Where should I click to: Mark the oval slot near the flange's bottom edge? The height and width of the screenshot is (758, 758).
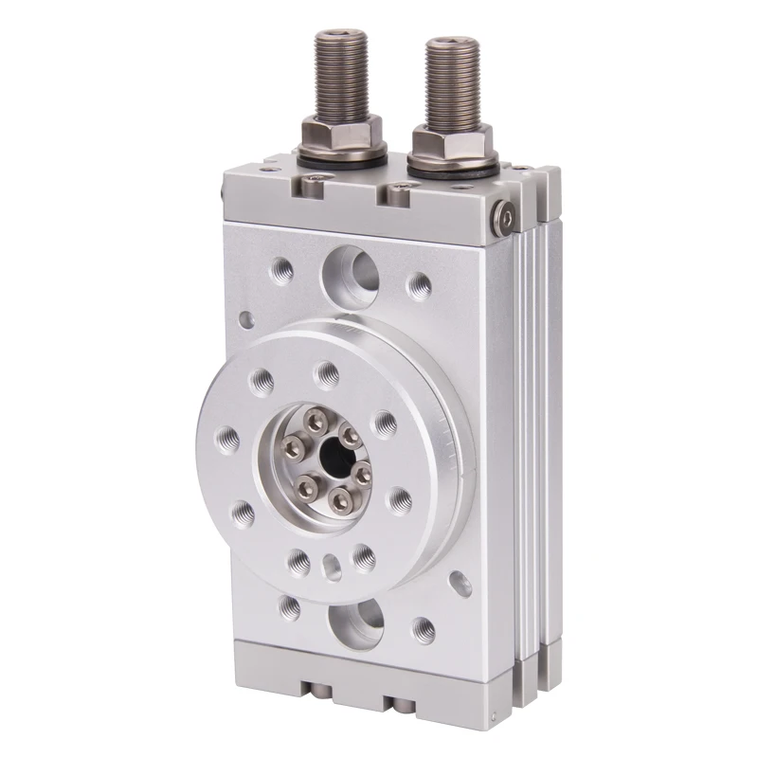coord(332,567)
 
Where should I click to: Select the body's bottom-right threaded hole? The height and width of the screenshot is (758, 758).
coord(424,627)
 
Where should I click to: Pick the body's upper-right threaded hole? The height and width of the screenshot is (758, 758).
coord(419,285)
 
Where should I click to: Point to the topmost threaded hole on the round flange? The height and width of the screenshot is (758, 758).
coord(326,371)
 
